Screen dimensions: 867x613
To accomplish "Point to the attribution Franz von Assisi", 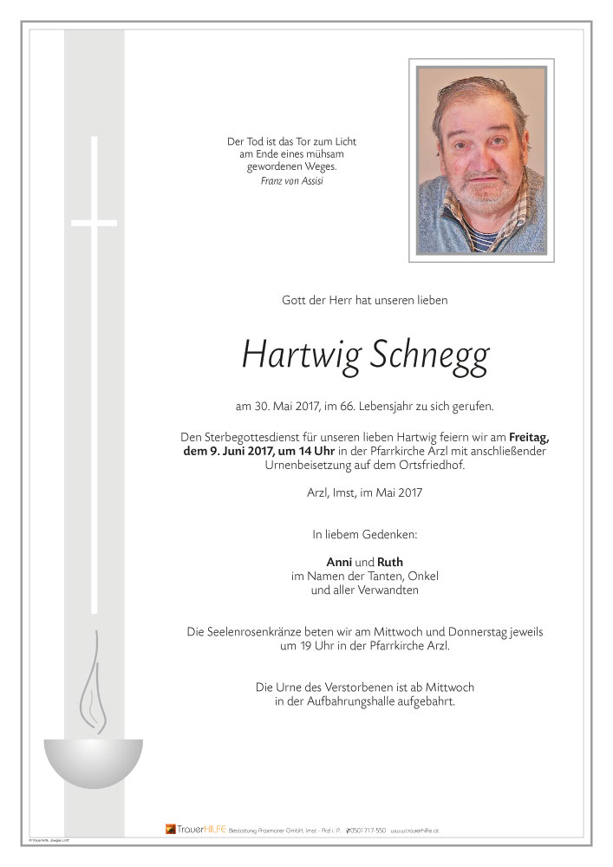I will (291, 180).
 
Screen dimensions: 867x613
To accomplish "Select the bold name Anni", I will (338, 561).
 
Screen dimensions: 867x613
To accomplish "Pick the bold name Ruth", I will (389, 561).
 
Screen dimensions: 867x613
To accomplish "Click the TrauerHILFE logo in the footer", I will (195, 830).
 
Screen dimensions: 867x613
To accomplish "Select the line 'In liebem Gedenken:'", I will (364, 535).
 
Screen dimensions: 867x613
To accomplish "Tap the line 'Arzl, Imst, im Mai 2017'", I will (364, 493).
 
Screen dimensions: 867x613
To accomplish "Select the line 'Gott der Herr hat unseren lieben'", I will (364, 301).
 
